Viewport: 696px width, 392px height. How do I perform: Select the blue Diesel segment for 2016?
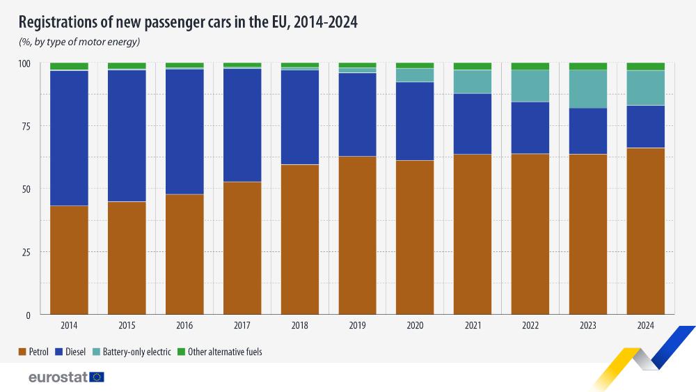tap(184, 132)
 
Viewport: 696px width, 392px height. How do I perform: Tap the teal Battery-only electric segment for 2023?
tap(588, 89)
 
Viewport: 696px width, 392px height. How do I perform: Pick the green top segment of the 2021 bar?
tap(473, 66)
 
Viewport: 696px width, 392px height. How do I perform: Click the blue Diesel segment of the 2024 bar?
tap(645, 126)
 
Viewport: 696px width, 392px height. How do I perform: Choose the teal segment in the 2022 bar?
tap(530, 86)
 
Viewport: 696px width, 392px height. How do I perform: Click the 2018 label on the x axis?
tap(299, 325)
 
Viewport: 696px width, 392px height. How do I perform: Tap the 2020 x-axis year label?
tap(415, 325)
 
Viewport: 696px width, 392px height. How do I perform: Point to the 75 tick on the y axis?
tap(25, 126)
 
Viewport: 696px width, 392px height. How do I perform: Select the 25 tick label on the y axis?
tap(25, 252)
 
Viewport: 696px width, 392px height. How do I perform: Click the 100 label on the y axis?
tap(24, 63)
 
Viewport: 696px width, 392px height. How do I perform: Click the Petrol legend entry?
tap(33, 352)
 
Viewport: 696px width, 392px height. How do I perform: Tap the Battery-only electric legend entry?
tap(132, 352)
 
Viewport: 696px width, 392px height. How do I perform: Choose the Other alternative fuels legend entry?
tap(219, 352)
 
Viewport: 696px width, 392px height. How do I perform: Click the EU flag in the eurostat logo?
tap(97, 377)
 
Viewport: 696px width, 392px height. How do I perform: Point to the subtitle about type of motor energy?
tap(79, 42)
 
